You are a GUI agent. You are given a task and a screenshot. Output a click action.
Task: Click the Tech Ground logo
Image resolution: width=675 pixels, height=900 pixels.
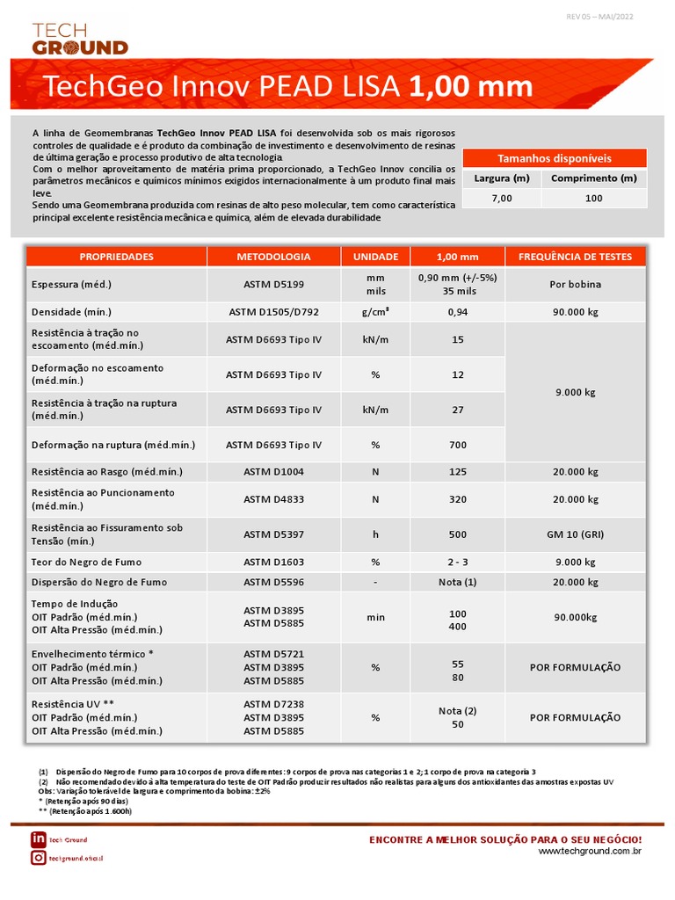(x=79, y=40)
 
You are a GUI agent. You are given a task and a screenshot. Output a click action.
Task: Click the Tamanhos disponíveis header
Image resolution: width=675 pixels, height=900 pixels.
(x=554, y=158)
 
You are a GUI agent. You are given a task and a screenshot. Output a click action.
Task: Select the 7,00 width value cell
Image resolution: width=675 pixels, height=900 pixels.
(x=501, y=199)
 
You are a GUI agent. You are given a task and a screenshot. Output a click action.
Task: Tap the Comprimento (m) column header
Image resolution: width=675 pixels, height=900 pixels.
(x=593, y=178)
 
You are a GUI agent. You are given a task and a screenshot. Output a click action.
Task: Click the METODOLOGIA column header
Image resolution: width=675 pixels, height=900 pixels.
(x=273, y=257)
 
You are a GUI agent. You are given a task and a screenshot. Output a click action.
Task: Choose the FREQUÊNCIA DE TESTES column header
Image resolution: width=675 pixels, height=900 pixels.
(x=575, y=257)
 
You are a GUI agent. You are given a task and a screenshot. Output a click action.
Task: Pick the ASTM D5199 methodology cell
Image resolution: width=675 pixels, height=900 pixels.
(x=273, y=285)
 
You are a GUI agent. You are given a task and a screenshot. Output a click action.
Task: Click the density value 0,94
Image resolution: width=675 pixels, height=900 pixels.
(x=457, y=312)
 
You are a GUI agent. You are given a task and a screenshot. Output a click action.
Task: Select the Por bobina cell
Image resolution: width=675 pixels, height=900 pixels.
(x=575, y=285)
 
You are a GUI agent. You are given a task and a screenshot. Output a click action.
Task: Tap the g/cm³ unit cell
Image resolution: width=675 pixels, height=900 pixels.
(x=375, y=312)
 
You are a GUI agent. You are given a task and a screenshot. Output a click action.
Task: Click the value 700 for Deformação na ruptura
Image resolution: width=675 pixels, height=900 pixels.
(x=457, y=446)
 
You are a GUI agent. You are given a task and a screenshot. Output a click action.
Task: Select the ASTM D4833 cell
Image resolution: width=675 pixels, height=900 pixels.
(x=273, y=500)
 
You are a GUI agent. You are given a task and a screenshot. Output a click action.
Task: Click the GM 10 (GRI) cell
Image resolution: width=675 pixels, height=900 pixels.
(x=575, y=534)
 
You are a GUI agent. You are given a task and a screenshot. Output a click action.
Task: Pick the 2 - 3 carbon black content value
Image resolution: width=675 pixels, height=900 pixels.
(x=457, y=562)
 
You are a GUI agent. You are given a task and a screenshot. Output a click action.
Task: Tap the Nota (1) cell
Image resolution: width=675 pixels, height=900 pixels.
(x=457, y=583)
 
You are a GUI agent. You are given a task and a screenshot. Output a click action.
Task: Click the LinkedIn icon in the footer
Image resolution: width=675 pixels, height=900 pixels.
(x=38, y=839)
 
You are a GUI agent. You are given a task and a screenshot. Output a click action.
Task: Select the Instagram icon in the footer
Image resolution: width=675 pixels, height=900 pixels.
(x=38, y=858)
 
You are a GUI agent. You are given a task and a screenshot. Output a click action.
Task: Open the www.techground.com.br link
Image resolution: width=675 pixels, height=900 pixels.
(x=589, y=852)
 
